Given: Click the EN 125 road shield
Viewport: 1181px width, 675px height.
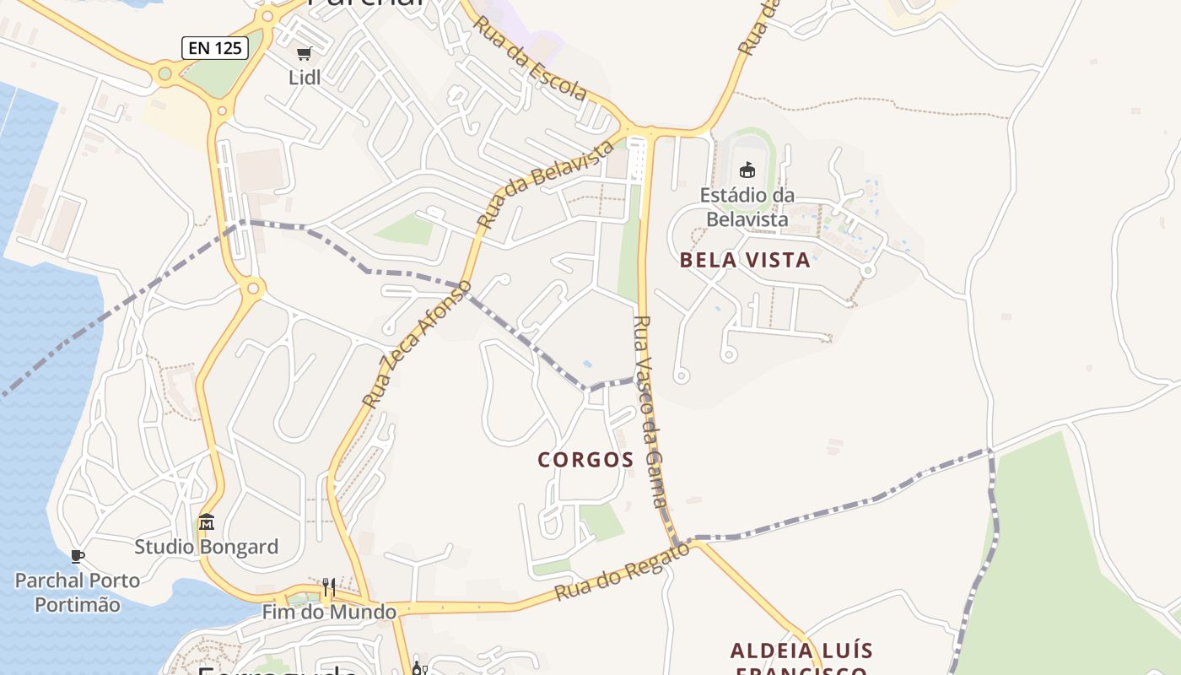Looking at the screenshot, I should click(x=215, y=48).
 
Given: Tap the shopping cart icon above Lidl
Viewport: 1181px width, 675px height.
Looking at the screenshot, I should click(x=304, y=53).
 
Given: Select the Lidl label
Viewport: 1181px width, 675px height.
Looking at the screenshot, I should click(x=304, y=78).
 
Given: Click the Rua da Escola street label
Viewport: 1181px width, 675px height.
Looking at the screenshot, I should click(x=529, y=57).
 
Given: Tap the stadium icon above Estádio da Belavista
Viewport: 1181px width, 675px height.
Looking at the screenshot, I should click(x=747, y=170).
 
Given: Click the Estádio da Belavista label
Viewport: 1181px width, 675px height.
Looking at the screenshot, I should click(x=747, y=208).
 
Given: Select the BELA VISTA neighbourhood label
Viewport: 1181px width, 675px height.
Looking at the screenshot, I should click(x=745, y=261).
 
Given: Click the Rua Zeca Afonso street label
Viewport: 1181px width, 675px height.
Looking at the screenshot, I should click(x=417, y=344).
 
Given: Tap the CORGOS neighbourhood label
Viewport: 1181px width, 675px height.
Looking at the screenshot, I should click(x=585, y=460).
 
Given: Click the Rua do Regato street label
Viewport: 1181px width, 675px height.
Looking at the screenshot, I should click(x=622, y=573).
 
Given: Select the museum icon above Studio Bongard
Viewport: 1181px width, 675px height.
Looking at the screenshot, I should click(x=207, y=522).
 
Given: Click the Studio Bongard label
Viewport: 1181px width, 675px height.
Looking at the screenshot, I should click(x=207, y=547).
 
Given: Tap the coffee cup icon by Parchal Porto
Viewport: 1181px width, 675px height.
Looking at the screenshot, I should click(x=78, y=556).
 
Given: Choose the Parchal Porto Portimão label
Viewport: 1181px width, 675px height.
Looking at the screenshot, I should click(x=78, y=592).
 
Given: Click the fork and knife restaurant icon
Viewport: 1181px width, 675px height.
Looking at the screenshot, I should click(x=329, y=587).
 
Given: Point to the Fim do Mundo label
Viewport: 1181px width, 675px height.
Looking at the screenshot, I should click(x=329, y=612).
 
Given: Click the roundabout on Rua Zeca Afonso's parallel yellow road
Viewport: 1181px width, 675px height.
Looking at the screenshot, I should click(x=251, y=289).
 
